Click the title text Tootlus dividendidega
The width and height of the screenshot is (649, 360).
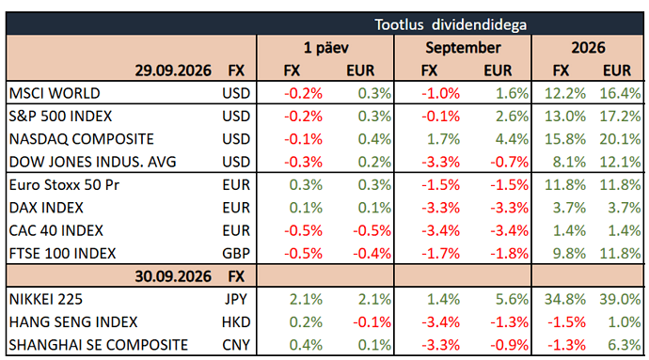pos(451,24)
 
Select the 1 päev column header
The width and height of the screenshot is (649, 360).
pos(326,48)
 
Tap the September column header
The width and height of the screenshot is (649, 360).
pos(463,48)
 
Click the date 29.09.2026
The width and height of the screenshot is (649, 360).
pos(173,70)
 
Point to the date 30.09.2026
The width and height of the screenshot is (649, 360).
pos(173,276)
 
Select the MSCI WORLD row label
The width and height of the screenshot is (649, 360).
pos(55,93)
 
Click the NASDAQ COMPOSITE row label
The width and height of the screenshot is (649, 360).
pos(82,139)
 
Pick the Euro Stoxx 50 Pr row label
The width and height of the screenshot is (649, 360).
pos(64,185)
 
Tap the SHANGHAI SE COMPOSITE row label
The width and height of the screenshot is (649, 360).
pos(99,345)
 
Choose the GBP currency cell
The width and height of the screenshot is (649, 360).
pos(236,253)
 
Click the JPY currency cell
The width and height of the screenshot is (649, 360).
pos(236,299)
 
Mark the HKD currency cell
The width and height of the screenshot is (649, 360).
pos(236,321)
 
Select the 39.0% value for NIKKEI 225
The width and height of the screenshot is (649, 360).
pos(620,299)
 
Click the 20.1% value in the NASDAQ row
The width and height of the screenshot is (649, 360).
pos(620,139)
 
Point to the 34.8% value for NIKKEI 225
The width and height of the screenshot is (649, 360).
pos(565,299)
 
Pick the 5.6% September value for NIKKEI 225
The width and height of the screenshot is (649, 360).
pos(512,299)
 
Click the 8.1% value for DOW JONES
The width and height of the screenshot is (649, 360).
pos(569,162)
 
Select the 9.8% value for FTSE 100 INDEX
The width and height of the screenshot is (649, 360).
pos(569,253)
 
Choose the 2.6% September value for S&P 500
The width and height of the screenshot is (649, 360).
pos(512,117)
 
